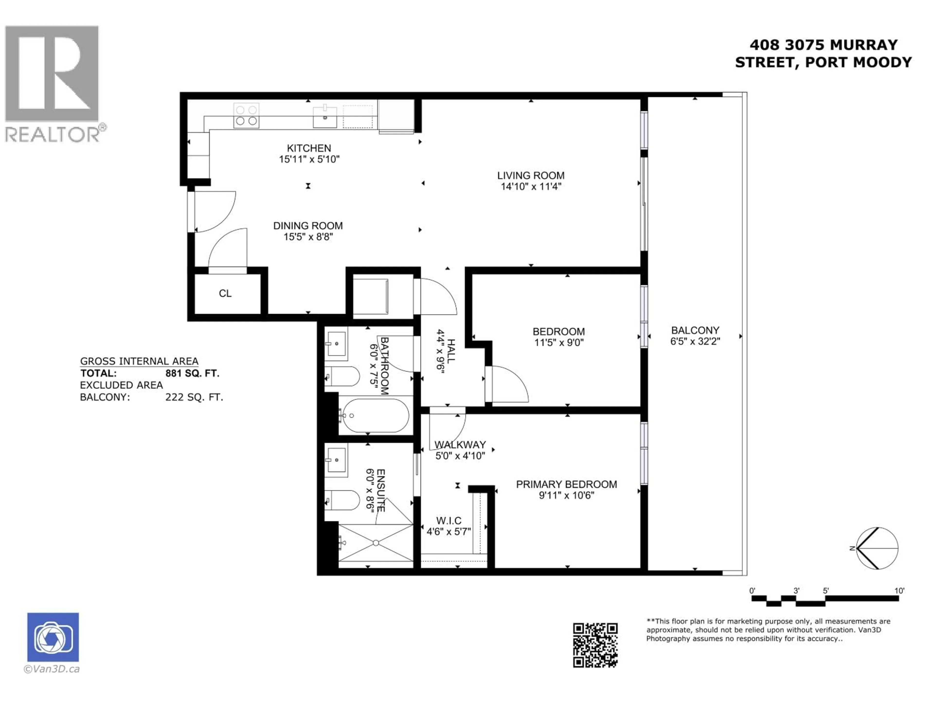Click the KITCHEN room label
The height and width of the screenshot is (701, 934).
(x=309, y=148)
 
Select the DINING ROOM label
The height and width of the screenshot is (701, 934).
(x=308, y=226)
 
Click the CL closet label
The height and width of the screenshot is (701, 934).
(x=225, y=293)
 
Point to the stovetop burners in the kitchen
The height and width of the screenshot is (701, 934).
(x=246, y=115)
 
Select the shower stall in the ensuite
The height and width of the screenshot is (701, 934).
(x=375, y=543)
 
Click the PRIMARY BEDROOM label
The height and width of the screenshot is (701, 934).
(x=566, y=484)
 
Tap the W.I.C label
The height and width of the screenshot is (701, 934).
(x=449, y=521)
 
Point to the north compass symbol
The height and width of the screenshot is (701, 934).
(x=877, y=548)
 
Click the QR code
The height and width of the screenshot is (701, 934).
(x=595, y=645)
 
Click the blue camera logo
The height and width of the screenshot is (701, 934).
(x=53, y=637)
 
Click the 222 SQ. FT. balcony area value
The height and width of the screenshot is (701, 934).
(x=194, y=397)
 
